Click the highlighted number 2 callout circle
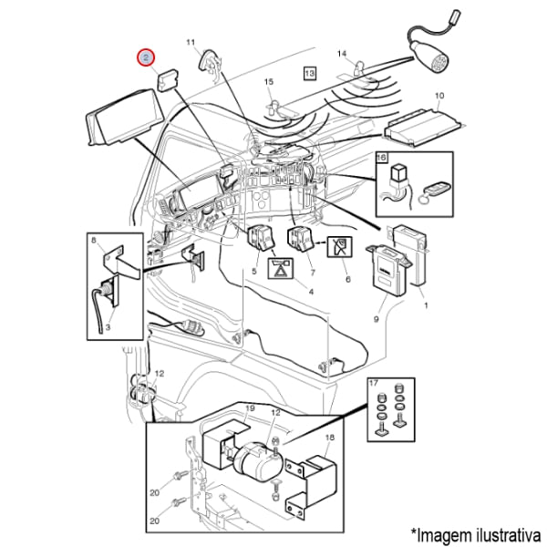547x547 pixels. (146, 57)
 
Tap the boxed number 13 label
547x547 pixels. (309, 73)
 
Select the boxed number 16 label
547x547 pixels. (382, 158)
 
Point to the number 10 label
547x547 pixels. (439, 96)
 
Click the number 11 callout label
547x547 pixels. (191, 43)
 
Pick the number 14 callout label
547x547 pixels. (342, 54)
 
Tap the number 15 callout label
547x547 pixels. (269, 82)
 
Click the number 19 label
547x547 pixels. (250, 408)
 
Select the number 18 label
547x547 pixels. (330, 438)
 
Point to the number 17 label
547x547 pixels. (374, 384)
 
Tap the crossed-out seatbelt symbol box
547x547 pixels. (339, 247)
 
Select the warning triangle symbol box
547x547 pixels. (280, 268)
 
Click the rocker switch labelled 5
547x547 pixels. (260, 238)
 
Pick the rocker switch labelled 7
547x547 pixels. (299, 239)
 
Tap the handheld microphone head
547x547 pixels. (428, 54)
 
